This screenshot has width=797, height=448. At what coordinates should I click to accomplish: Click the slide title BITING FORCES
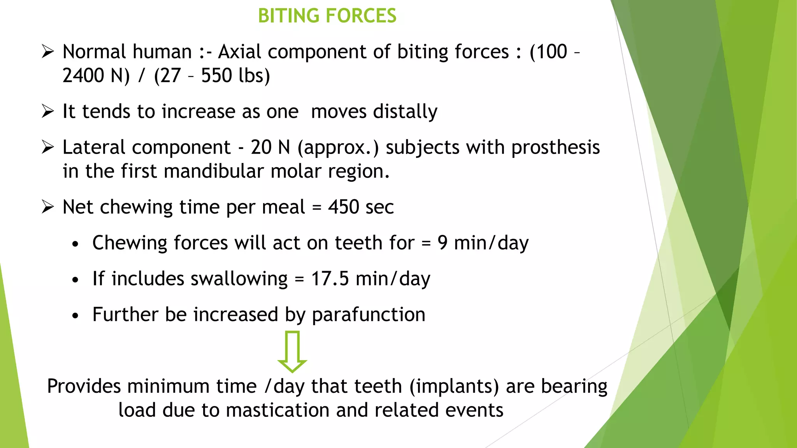tap(327, 16)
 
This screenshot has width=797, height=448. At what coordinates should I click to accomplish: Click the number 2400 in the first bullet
tap(83, 75)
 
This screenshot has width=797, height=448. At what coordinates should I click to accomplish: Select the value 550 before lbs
tap(216, 75)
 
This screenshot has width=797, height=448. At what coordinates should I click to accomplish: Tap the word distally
tap(405, 112)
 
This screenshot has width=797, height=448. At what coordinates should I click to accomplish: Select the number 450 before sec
tap(344, 207)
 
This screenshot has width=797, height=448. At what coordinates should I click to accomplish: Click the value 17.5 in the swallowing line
tap(330, 279)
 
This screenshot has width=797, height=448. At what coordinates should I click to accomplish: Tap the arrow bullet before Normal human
tap(47, 52)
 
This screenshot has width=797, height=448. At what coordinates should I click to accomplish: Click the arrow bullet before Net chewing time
tap(47, 207)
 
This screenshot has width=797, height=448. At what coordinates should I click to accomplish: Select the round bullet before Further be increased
tap(75, 315)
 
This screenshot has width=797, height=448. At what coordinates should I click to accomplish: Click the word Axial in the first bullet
tap(240, 52)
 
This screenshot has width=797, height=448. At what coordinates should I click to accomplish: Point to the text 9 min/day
tap(483, 243)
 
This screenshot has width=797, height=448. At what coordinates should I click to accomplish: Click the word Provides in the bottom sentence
tap(84, 387)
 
